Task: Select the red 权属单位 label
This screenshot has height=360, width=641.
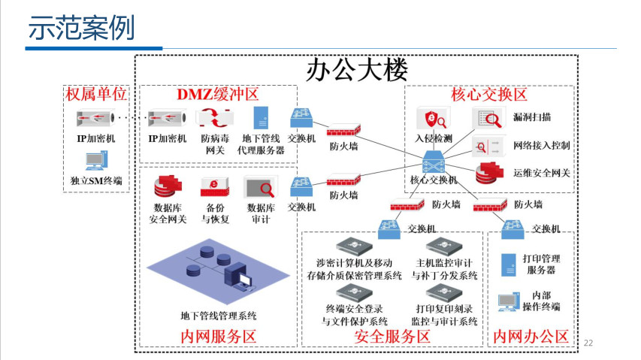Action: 96,95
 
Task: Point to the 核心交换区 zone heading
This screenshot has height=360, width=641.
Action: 488,95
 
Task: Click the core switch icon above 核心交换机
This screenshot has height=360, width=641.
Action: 434,161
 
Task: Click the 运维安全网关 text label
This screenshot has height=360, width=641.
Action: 542,173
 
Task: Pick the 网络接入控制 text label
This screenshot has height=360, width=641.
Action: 541,145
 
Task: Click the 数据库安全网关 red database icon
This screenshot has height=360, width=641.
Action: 168,186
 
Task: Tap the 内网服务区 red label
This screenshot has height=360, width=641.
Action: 219,337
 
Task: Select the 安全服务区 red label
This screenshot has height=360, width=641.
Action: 392,337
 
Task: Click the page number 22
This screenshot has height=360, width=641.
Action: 588,343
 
